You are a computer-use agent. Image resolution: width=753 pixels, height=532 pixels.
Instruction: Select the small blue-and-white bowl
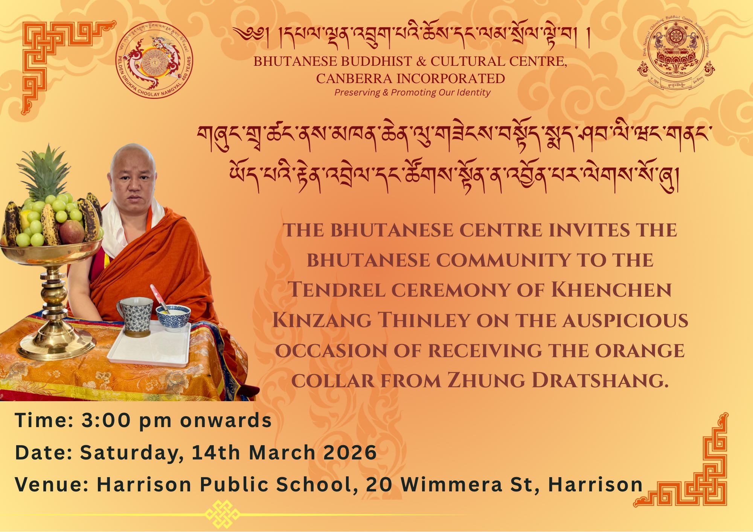pyautogui.click(x=173, y=318)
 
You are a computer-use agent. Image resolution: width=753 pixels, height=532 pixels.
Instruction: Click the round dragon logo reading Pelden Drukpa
pyautogui.click(x=154, y=59)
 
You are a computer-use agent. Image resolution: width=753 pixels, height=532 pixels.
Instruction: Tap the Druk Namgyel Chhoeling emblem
pyautogui.click(x=676, y=53)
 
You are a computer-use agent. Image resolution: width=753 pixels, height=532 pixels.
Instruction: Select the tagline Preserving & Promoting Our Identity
pyautogui.click(x=412, y=92)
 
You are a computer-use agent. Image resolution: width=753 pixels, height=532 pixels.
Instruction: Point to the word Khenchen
pyautogui.click(x=611, y=290)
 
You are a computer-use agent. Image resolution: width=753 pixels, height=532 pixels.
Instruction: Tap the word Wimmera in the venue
pyautogui.click(x=452, y=484)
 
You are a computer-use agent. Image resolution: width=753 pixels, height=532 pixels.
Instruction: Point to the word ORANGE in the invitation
pyautogui.click(x=640, y=350)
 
